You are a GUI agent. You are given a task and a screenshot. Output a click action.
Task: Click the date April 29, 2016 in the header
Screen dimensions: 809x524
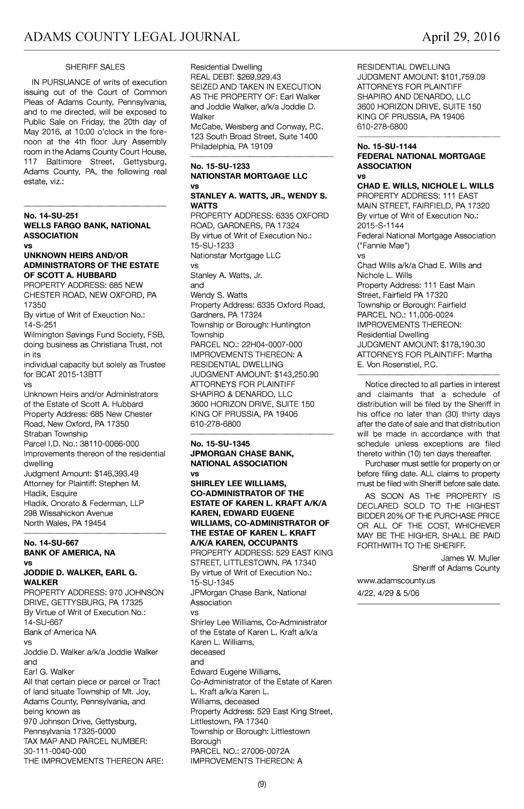[461, 37]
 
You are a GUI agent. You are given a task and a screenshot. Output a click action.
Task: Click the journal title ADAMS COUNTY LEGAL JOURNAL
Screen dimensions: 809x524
[132, 37]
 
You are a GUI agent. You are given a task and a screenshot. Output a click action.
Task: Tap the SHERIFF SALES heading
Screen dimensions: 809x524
[95, 67]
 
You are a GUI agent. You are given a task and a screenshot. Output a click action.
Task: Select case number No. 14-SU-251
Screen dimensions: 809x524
[51, 216]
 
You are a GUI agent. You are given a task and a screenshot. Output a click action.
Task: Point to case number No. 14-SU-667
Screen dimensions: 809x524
[51, 543]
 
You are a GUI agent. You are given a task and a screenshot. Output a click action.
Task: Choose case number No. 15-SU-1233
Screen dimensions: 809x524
[221, 166]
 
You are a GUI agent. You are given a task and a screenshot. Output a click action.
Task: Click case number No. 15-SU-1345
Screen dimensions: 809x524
[221, 444]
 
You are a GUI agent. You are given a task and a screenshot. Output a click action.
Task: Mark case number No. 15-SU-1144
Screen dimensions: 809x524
[387, 146]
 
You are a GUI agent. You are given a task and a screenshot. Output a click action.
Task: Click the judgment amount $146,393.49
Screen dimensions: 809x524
[116, 473]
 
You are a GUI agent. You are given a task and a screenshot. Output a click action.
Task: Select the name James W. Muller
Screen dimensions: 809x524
[470, 558]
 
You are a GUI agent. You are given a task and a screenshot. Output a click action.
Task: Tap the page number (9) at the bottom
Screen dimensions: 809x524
[261, 784]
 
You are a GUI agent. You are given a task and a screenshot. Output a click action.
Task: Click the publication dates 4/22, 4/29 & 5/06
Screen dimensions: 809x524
[388, 593]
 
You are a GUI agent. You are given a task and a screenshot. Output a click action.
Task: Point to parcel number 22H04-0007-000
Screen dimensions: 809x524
[272, 344]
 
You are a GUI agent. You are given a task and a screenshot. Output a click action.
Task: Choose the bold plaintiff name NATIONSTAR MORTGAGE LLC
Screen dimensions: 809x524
[249, 176]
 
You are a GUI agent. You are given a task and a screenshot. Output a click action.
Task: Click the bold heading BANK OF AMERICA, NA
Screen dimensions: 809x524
[70, 552]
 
